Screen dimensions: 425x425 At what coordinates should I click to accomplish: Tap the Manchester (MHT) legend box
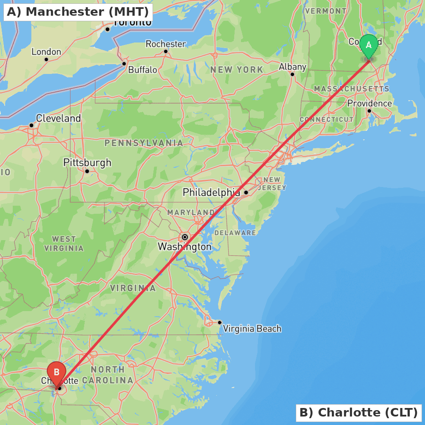tap(78, 12)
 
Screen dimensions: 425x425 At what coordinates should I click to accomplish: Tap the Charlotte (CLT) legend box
tap(359, 412)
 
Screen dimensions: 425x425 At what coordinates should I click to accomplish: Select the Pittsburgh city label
tap(87, 162)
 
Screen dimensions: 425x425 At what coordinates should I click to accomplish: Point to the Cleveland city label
tap(58, 118)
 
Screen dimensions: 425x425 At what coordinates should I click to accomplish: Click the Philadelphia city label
tap(211, 193)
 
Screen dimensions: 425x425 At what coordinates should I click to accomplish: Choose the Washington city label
tap(184, 246)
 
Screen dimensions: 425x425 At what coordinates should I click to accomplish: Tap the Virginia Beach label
tap(252, 329)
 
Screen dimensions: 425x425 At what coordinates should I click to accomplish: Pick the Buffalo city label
tap(142, 70)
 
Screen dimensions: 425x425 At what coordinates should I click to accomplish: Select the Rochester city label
tap(166, 44)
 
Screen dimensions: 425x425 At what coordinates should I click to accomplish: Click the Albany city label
tap(292, 67)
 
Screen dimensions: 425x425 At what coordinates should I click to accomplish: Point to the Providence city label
tap(369, 103)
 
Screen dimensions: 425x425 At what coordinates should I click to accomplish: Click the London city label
tap(46, 52)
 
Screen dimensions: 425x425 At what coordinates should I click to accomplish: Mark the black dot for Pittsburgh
tap(87, 171)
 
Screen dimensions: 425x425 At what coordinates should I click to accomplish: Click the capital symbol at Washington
tap(185, 237)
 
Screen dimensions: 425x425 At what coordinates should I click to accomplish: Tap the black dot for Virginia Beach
tap(220, 322)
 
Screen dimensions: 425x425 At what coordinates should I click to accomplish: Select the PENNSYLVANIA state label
tap(144, 143)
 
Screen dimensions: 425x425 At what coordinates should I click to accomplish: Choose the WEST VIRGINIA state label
tap(64, 244)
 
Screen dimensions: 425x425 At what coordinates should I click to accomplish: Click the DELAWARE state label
tap(235, 233)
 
